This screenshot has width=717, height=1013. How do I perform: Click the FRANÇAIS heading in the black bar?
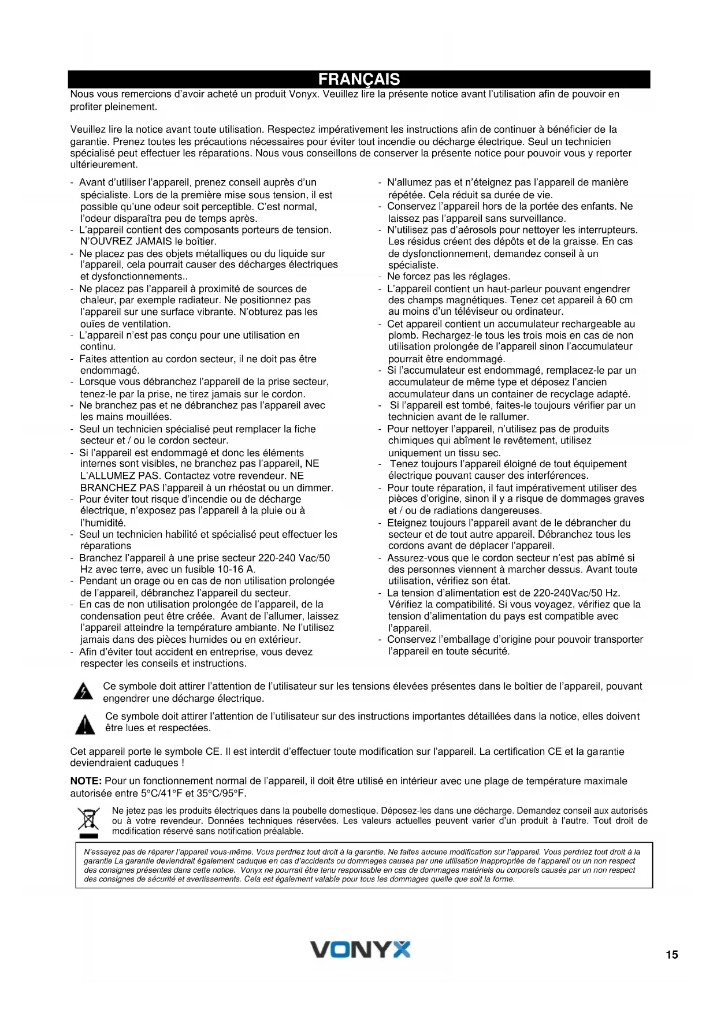[359, 79]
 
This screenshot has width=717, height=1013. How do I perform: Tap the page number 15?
[672, 955]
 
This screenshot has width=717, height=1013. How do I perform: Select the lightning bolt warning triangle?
[84, 691]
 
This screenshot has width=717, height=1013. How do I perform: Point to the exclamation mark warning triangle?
[85, 724]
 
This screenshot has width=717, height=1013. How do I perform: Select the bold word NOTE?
[86, 781]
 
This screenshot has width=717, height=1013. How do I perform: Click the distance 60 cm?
[619, 300]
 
